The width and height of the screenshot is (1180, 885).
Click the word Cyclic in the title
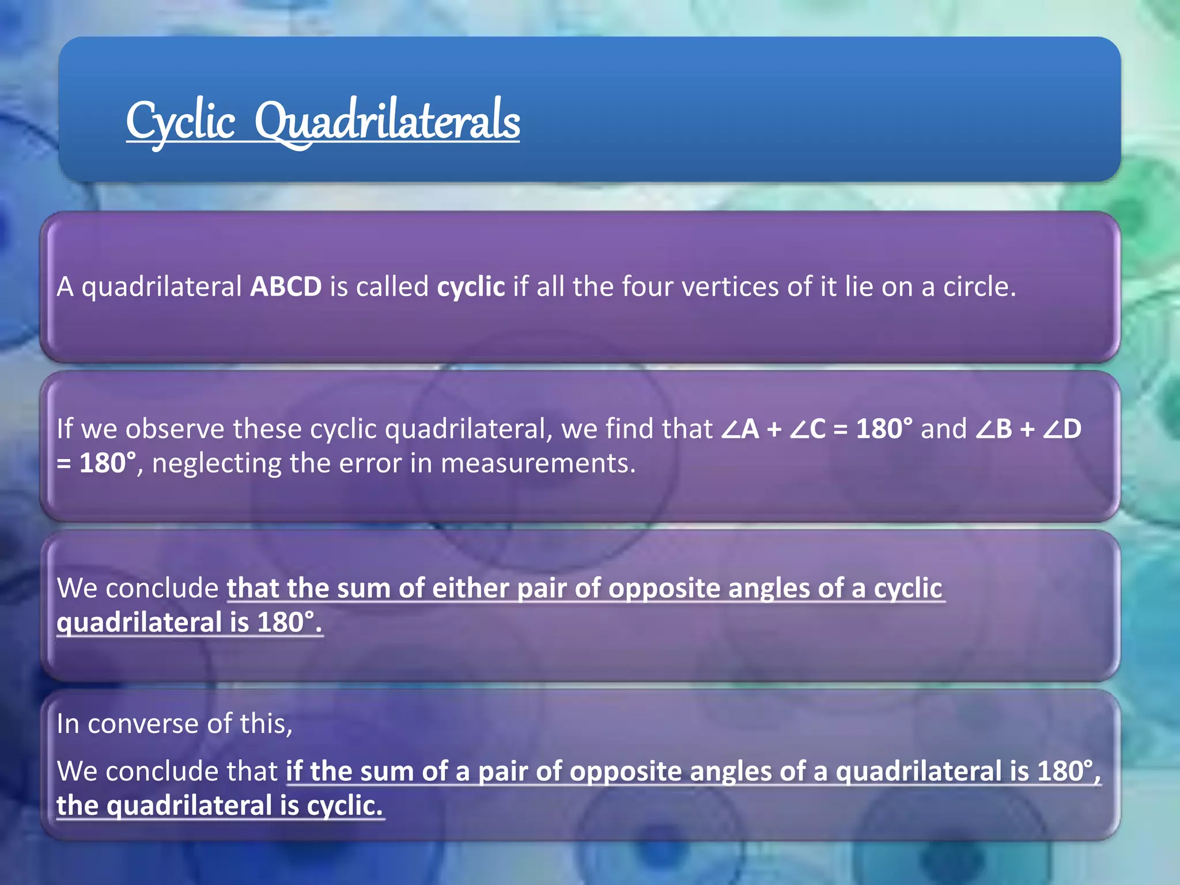(x=180, y=122)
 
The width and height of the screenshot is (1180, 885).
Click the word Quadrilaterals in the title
(x=387, y=122)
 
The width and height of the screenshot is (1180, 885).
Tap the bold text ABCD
(x=286, y=287)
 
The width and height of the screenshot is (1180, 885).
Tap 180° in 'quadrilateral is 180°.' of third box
(x=286, y=623)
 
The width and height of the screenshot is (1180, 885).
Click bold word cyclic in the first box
(x=471, y=287)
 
